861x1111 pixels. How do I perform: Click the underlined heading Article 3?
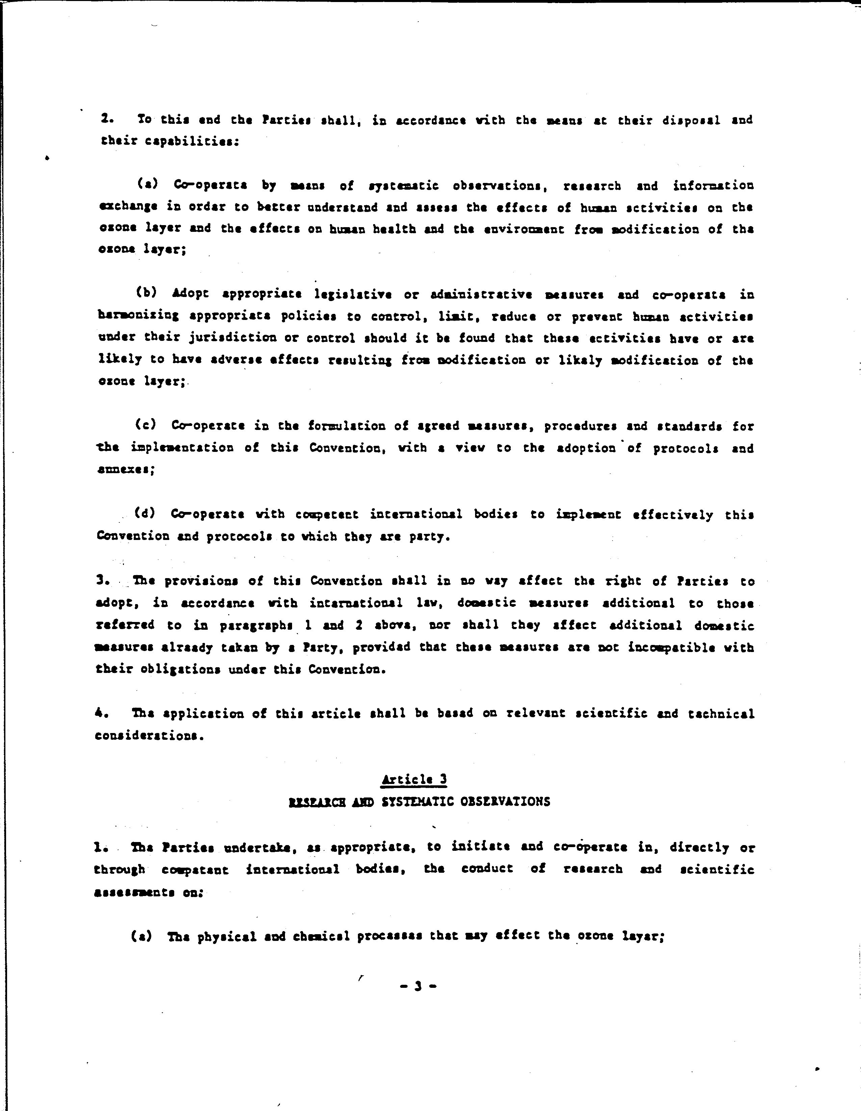click(414, 779)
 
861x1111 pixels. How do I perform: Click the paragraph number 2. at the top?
click(106, 119)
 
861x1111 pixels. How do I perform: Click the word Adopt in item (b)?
click(190, 294)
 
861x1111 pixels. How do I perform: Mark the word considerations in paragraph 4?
click(149, 736)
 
